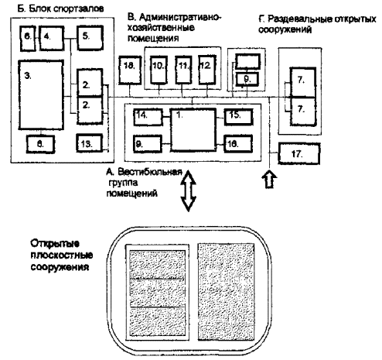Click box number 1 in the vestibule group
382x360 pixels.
click(193, 130)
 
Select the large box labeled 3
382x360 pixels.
click(41, 94)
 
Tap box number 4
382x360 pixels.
click(52, 38)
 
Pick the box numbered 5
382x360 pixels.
click(90, 38)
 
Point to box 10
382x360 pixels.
click(159, 70)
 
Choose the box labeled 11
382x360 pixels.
click(183, 70)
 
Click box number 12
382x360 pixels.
click(207, 70)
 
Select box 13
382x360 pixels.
click(90, 142)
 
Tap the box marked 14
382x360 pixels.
click(148, 117)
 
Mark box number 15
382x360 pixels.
click(238, 117)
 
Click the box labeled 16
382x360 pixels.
click(238, 143)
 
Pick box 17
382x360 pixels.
click(299, 154)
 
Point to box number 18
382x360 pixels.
click(130, 70)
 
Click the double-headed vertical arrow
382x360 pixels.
click(189, 190)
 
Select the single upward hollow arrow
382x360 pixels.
click(269, 179)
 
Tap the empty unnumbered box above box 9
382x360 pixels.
click(247, 61)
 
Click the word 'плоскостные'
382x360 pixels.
click(62, 255)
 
